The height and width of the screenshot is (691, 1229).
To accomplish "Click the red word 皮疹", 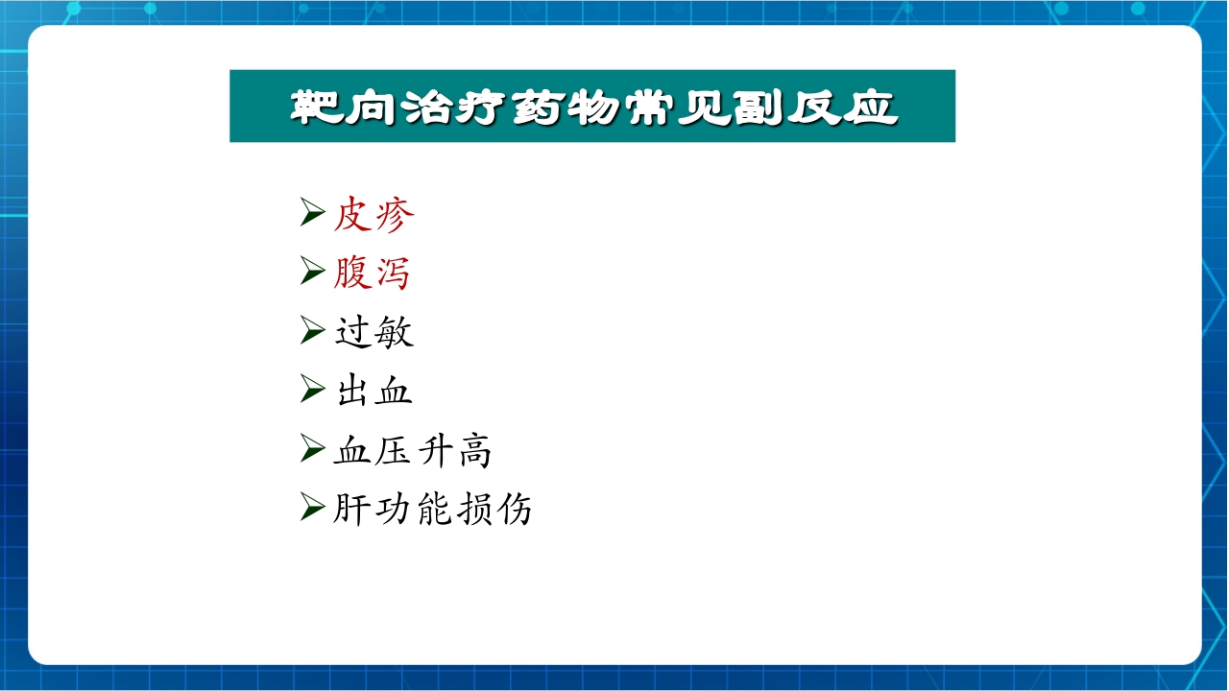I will [374, 214].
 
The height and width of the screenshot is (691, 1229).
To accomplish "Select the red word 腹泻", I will [373, 274].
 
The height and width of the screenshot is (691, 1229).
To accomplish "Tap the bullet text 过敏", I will [374, 332].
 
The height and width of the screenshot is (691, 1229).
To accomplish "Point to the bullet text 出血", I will [374, 391].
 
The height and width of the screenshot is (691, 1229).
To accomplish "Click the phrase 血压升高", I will [413, 450].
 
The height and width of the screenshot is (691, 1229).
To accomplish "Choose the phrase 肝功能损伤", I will [433, 509].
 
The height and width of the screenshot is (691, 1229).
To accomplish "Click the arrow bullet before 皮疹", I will [312, 213].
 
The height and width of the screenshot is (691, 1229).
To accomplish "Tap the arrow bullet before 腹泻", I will [312, 273].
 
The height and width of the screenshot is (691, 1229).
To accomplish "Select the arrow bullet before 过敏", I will [312, 331].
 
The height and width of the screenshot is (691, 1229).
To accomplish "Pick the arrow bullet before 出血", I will [312, 390].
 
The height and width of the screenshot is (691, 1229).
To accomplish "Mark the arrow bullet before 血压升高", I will [312, 449].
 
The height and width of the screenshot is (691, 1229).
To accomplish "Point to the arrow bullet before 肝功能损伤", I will [312, 508].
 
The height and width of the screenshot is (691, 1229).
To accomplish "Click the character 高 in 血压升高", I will [474, 450].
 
